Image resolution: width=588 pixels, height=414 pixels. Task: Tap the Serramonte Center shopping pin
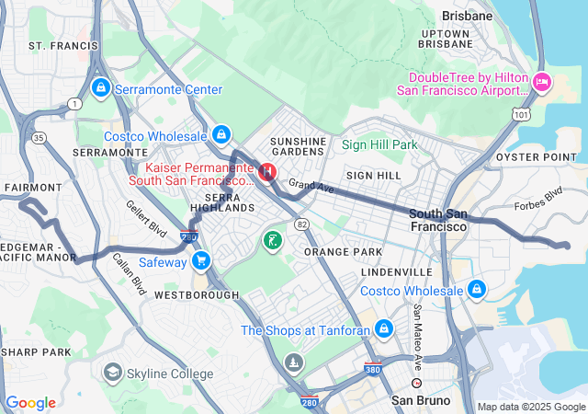[100, 88]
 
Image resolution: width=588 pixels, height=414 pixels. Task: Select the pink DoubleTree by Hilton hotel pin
[541, 82]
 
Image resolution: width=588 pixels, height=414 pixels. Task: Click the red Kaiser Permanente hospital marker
[267, 171]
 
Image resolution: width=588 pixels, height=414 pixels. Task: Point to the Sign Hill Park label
[379, 144]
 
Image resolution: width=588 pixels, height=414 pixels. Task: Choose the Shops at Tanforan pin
[383, 328]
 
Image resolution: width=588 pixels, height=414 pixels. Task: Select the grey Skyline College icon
[112, 373]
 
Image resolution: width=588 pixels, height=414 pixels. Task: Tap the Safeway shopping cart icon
[201, 261]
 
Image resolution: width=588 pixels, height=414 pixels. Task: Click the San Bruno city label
[421, 401]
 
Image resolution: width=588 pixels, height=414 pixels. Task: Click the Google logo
[30, 403]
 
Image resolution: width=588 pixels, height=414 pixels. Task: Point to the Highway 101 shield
[521, 115]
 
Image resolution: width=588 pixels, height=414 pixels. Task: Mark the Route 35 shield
[38, 138]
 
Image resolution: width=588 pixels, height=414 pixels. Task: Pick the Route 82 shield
[300, 224]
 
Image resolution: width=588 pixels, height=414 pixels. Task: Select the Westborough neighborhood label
[197, 295]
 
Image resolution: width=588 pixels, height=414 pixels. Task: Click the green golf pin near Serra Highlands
[273, 241]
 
